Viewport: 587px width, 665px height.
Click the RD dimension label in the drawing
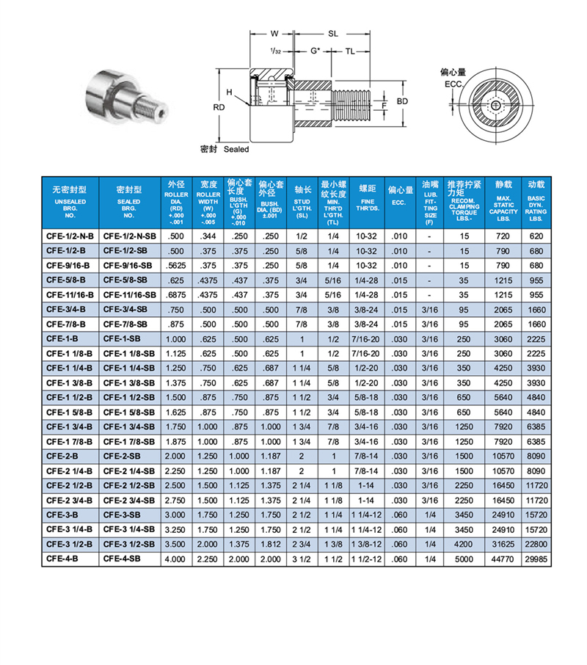tap(219, 107)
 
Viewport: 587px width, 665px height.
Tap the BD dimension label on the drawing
tap(402, 101)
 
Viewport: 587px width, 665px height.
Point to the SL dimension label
tap(332, 34)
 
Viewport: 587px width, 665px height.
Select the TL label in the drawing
tap(350, 51)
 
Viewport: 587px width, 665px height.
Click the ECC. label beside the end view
tap(455, 84)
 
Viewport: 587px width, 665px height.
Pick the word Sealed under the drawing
tap(236, 149)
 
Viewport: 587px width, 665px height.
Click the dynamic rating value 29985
tap(536, 559)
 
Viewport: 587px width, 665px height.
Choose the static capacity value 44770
tap(503, 559)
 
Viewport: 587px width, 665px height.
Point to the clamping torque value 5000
tap(464, 559)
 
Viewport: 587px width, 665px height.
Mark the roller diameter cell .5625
tap(176, 265)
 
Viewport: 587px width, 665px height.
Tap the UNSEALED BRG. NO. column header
tap(70, 203)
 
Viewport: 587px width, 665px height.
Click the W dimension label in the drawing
tap(274, 34)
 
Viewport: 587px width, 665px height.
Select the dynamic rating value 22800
tap(536, 545)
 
